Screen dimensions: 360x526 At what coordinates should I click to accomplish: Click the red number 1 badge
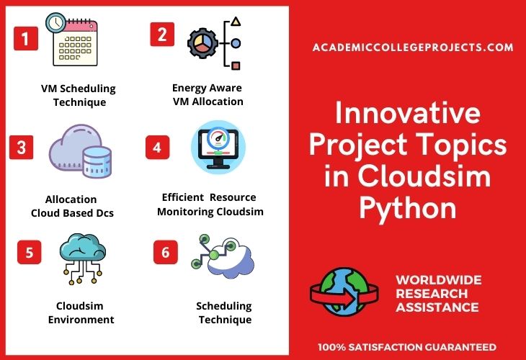[25, 38]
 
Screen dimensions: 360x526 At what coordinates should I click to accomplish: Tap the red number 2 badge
[161, 35]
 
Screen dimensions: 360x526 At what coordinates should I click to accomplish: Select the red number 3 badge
[22, 148]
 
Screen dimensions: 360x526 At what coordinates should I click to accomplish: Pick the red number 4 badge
[158, 147]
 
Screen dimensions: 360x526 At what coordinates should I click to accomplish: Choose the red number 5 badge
[29, 252]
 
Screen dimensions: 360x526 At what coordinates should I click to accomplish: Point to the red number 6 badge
[165, 252]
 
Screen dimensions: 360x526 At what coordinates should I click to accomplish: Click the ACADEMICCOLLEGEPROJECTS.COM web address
[413, 48]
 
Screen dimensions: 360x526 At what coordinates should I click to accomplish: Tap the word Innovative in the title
[407, 115]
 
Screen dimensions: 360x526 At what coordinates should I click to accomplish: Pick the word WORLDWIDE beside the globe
[439, 279]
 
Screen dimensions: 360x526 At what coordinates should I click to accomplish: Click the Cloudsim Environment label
[81, 312]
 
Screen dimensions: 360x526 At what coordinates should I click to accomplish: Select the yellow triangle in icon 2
[236, 22]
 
